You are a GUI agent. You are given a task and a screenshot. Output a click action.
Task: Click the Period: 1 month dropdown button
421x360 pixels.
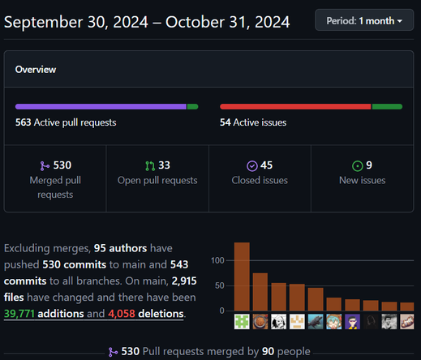(x=364, y=19)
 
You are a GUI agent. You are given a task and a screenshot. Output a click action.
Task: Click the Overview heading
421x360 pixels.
(x=36, y=70)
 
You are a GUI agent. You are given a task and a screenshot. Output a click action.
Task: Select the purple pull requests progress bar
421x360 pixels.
(x=101, y=106)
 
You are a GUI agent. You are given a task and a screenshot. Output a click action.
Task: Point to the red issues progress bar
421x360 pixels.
(x=295, y=106)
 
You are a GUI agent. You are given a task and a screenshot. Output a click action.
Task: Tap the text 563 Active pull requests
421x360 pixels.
(x=66, y=123)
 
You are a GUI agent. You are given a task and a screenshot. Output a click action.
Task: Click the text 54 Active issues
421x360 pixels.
(x=253, y=123)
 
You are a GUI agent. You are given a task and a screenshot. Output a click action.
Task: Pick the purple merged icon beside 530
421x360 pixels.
(x=45, y=165)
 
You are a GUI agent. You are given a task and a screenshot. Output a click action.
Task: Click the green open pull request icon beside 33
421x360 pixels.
(x=149, y=165)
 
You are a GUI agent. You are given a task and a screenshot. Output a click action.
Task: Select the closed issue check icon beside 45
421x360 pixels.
(x=252, y=165)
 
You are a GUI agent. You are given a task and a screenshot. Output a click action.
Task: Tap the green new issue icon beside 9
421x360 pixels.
(x=357, y=165)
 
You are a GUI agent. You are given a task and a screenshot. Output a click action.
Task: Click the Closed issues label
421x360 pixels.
(x=260, y=180)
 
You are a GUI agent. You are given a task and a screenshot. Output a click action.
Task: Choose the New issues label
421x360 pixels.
(x=362, y=180)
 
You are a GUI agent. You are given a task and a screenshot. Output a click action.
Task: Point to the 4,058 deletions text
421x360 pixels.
(x=153, y=314)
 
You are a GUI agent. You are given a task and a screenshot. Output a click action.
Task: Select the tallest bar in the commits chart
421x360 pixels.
(x=242, y=276)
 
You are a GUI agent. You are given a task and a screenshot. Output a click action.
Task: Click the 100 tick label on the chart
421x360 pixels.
(x=217, y=261)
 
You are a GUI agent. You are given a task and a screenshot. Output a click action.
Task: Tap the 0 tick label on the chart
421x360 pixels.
(x=221, y=311)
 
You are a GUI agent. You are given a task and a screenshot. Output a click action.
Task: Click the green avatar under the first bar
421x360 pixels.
(x=242, y=322)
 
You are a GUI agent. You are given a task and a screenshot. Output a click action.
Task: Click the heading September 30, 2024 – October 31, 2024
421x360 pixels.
(x=147, y=22)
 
